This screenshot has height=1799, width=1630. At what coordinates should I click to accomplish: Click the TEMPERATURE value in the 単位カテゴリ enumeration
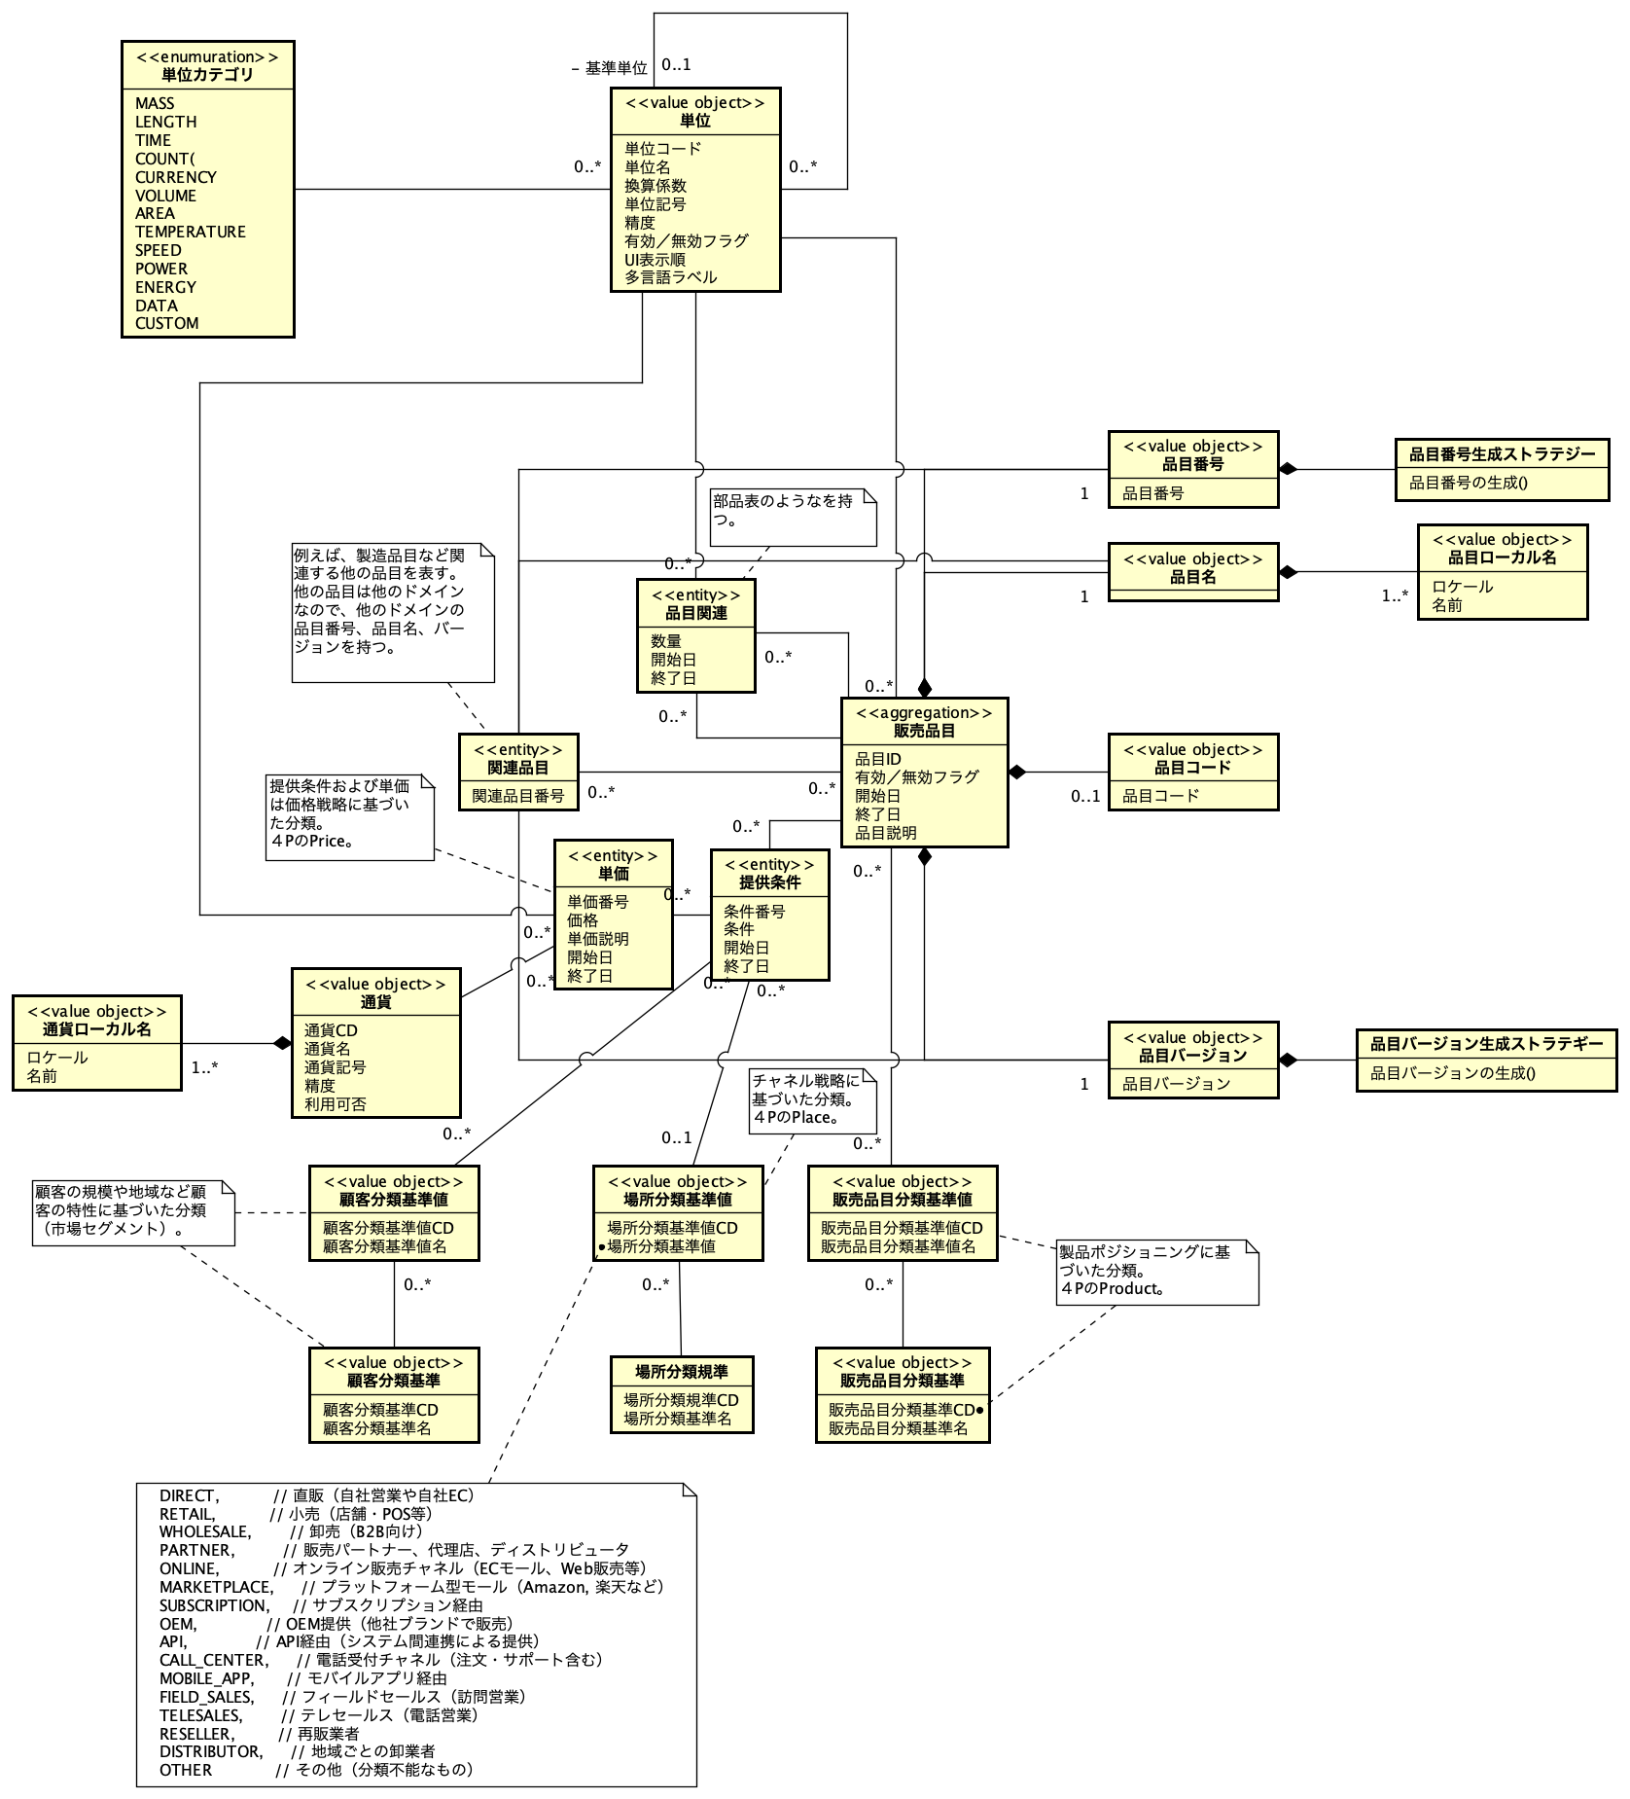pyautogui.click(x=190, y=232)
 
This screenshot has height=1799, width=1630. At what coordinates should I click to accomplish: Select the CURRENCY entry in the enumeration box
pyautogui.click(x=175, y=177)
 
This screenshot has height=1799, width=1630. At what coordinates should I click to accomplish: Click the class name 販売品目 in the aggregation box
pyautogui.click(x=923, y=731)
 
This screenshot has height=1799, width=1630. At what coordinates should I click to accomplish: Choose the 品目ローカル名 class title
pyautogui.click(x=1502, y=558)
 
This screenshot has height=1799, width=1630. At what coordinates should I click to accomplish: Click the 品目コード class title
pyautogui.click(x=1192, y=768)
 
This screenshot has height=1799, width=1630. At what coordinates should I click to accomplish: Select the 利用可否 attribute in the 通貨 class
pyautogui.click(x=335, y=1104)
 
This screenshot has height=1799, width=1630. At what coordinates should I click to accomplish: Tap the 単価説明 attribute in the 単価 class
pyautogui.click(x=597, y=939)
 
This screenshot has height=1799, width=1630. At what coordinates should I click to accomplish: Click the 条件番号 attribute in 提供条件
pyautogui.click(x=754, y=912)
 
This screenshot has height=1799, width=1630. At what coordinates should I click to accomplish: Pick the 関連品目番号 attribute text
pyautogui.click(x=517, y=796)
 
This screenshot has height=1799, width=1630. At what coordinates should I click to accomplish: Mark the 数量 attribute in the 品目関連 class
pyautogui.click(x=666, y=641)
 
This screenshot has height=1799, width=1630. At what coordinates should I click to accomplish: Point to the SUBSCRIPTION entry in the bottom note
pyautogui.click(x=213, y=1605)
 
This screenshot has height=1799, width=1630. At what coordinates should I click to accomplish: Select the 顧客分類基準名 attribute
pyautogui.click(x=376, y=1428)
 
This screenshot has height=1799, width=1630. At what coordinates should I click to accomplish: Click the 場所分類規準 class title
pyautogui.click(x=681, y=1372)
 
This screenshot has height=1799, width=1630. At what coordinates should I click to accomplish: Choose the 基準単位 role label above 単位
pyautogui.click(x=616, y=68)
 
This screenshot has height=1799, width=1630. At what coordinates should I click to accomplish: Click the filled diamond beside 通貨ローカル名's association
pyautogui.click(x=282, y=1043)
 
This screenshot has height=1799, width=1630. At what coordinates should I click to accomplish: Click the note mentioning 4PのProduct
pyautogui.click(x=1157, y=1271)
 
